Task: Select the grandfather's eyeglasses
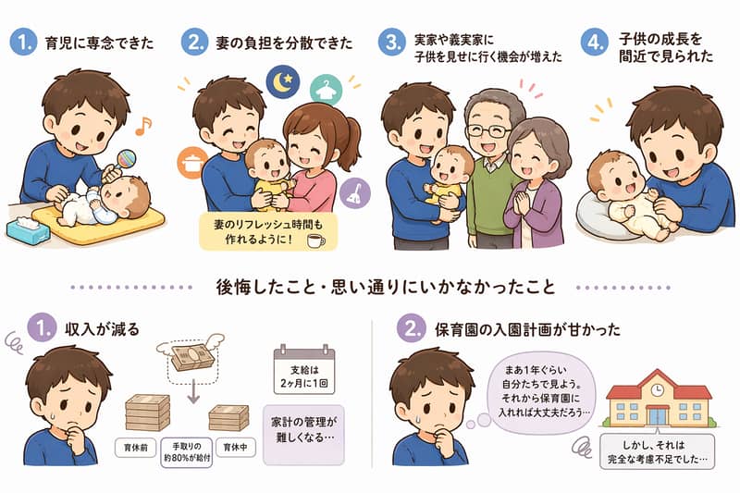[486, 130]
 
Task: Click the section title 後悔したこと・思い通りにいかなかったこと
[370, 287]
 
